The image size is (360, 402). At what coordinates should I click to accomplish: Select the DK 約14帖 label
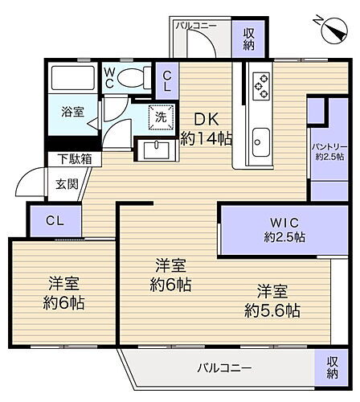(206, 128)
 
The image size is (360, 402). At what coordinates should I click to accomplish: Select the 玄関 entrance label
(67, 183)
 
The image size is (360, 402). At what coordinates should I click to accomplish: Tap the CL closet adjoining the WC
(166, 80)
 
